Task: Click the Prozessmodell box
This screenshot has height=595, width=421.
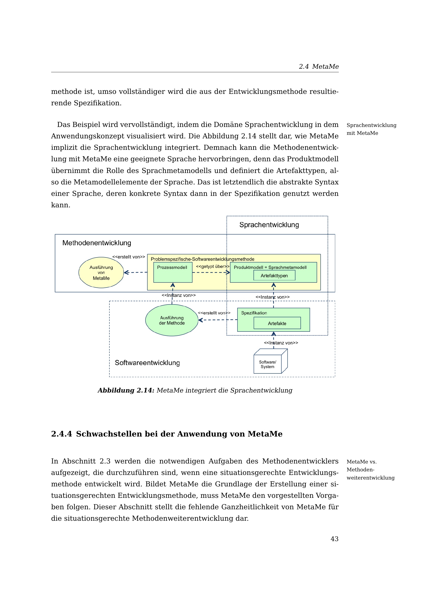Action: point(173,272)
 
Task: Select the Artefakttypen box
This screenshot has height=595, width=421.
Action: point(274,275)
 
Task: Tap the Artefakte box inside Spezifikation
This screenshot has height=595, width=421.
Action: point(277,323)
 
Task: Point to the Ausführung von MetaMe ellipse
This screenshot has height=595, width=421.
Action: point(101,273)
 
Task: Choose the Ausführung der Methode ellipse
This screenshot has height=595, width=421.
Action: point(172,320)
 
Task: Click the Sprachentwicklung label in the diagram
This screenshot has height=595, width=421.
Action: point(269,225)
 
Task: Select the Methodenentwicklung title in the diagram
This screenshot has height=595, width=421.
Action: point(97,243)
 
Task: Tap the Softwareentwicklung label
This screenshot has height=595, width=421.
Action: point(147,363)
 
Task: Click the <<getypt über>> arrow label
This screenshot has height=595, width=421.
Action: point(213,267)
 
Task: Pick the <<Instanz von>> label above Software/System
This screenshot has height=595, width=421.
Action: point(281,343)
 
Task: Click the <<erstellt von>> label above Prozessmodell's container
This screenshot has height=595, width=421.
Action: point(129,257)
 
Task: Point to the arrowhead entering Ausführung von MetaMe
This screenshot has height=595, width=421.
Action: point(126,273)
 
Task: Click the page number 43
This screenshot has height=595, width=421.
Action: point(334,539)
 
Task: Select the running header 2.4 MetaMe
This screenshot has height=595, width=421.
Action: point(319,67)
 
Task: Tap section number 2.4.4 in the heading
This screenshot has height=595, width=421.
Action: point(61,434)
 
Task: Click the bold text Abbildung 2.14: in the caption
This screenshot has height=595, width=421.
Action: point(126,390)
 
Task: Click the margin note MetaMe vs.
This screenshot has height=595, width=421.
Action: point(361,461)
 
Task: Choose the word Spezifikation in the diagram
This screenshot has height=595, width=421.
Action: point(254,313)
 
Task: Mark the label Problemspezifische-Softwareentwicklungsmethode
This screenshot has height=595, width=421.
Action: point(202,259)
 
